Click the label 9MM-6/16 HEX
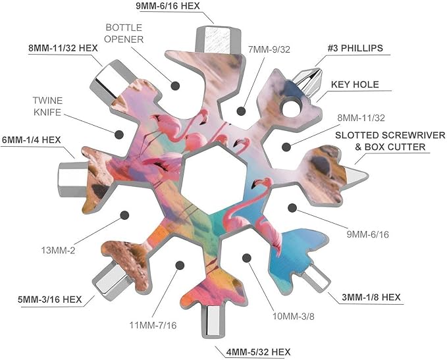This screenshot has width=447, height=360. (168, 6)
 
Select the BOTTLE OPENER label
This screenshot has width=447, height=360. (124, 34)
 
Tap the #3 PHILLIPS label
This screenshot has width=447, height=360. (355, 48)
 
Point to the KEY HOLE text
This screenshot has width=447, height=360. (355, 84)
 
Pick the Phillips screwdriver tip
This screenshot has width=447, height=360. (308, 81)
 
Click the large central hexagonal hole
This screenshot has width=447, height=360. (213, 179)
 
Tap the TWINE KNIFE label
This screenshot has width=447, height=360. (47, 107)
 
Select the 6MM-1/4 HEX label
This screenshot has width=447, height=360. (31, 140)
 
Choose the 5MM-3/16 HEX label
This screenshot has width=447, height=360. (50, 299)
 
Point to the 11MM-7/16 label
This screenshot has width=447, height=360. (153, 325)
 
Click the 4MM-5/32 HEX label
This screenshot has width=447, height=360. (259, 352)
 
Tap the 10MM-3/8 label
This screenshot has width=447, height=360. (294, 317)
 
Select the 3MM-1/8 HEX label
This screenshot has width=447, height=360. (371, 297)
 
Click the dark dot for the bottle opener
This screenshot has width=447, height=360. (175, 86)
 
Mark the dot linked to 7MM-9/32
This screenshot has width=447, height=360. (241, 111)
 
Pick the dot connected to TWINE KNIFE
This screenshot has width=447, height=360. (119, 134)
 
